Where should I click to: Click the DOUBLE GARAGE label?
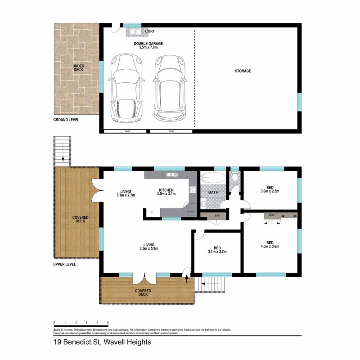(148, 44)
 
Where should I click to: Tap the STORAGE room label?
(243, 71)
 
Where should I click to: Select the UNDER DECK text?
(78, 68)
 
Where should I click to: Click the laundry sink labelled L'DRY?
(135, 31)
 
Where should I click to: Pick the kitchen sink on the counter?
(172, 175)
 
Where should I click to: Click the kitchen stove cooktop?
(193, 190)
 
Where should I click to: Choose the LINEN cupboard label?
(216, 216)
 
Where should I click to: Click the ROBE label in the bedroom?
(272, 216)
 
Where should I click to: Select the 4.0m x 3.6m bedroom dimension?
(270, 246)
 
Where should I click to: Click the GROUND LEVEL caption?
(66, 121)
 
